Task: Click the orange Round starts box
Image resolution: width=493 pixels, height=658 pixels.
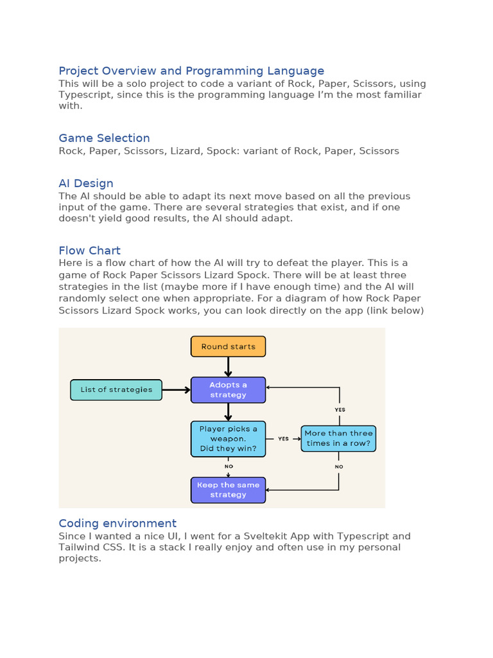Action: pyautogui.click(x=228, y=346)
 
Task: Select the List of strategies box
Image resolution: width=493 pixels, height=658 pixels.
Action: pyautogui.click(x=116, y=389)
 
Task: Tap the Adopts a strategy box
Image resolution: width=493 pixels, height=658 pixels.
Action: pyautogui.click(x=228, y=390)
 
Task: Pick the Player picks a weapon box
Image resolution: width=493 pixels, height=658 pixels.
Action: pyautogui.click(x=228, y=439)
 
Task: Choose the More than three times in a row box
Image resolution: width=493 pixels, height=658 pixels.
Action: pyautogui.click(x=338, y=438)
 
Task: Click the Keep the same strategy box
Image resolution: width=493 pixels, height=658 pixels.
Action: pyautogui.click(x=228, y=490)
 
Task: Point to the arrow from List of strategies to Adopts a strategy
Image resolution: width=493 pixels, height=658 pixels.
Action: pyautogui.click(x=177, y=389)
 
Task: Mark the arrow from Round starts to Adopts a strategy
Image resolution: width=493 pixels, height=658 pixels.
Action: pyautogui.click(x=228, y=367)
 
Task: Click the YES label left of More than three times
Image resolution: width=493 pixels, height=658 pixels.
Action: pyautogui.click(x=283, y=439)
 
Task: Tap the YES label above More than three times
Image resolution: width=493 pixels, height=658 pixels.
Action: pyautogui.click(x=340, y=409)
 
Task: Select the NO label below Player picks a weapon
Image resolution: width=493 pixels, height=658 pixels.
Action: pyautogui.click(x=229, y=467)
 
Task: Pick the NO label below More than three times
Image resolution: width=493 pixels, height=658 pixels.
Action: pyautogui.click(x=339, y=467)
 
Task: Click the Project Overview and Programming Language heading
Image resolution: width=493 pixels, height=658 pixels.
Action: pyautogui.click(x=191, y=71)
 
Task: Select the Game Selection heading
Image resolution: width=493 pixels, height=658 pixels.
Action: pyautogui.click(x=104, y=138)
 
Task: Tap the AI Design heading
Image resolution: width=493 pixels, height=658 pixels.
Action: pyautogui.click(x=86, y=183)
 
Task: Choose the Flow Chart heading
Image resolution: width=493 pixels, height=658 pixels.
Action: pyautogui.click(x=89, y=251)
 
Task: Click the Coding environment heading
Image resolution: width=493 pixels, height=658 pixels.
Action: pyautogui.click(x=117, y=523)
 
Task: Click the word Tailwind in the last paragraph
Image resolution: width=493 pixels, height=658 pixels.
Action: pyautogui.click(x=80, y=547)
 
